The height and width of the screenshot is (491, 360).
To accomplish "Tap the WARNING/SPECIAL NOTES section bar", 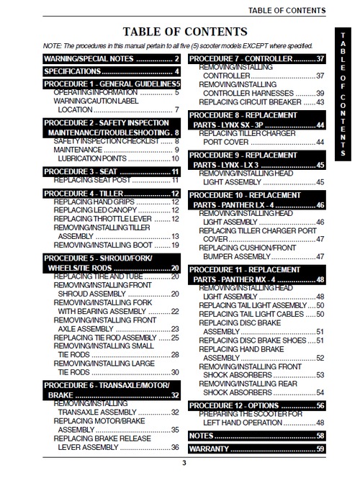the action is [x=112, y=58].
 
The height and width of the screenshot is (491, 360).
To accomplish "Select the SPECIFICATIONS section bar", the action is [x=112, y=71].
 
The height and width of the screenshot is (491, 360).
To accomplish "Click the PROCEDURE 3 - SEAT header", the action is [x=112, y=171].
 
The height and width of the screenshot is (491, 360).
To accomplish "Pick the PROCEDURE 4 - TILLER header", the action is [x=112, y=193].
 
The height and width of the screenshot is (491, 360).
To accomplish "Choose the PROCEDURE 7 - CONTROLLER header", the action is [x=257, y=58].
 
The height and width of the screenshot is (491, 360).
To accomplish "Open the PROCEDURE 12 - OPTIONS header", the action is [x=257, y=406].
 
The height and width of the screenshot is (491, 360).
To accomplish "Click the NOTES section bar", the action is [x=257, y=436].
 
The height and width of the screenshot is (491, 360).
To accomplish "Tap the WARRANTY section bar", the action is [x=257, y=449].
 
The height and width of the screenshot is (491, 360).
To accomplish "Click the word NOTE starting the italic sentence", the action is [x=53, y=45].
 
